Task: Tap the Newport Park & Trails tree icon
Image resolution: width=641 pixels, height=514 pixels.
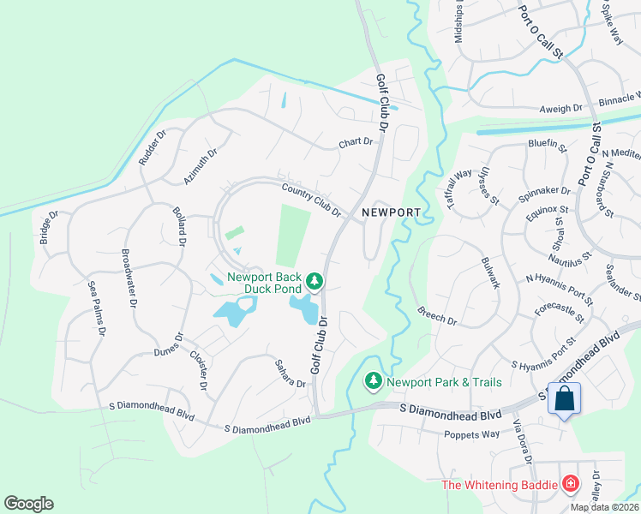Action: (374, 380)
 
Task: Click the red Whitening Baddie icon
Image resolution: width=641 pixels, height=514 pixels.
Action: (571, 485)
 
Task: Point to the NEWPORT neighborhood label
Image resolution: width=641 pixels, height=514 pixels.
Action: (391, 212)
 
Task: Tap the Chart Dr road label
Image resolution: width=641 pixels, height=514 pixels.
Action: (356, 142)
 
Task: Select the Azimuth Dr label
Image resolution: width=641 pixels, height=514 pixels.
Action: (201, 165)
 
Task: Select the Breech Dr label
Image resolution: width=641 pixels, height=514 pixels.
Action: (437, 316)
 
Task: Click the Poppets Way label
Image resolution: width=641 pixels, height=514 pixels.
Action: (471, 434)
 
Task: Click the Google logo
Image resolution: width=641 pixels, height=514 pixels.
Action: (28, 504)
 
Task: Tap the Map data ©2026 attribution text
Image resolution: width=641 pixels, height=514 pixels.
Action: (604, 507)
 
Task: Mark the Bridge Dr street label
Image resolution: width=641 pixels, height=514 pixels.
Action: (45, 227)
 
